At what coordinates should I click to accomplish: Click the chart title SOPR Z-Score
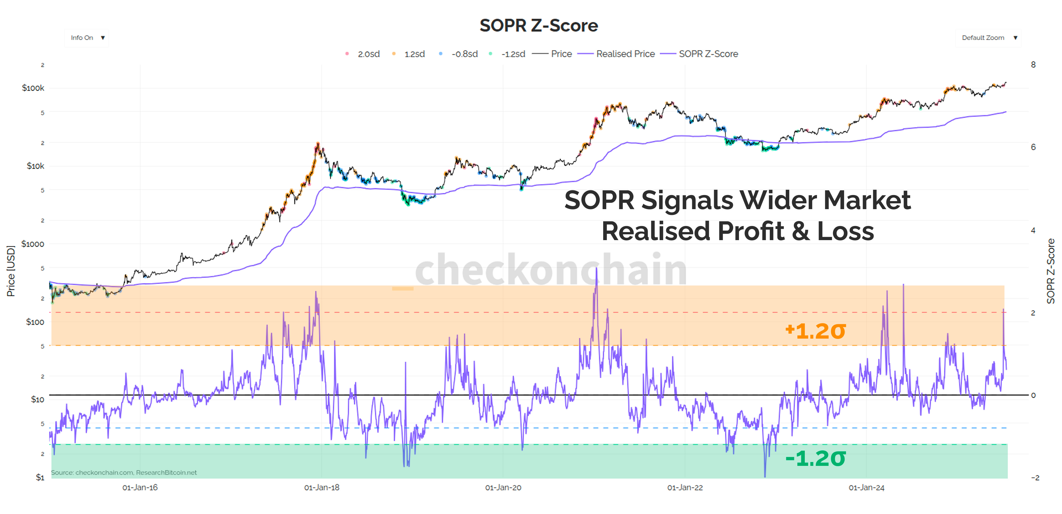(538, 25)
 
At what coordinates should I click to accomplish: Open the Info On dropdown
(87, 38)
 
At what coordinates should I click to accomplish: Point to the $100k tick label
(33, 88)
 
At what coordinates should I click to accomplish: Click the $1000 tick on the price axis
(33, 244)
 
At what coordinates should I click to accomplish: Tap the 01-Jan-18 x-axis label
(322, 488)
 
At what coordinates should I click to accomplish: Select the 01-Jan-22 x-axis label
(685, 488)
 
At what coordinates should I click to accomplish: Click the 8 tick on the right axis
(1033, 65)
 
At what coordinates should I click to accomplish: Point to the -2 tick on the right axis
(1035, 478)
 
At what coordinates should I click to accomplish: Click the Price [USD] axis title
(11, 271)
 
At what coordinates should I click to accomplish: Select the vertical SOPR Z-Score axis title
(1051, 271)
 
